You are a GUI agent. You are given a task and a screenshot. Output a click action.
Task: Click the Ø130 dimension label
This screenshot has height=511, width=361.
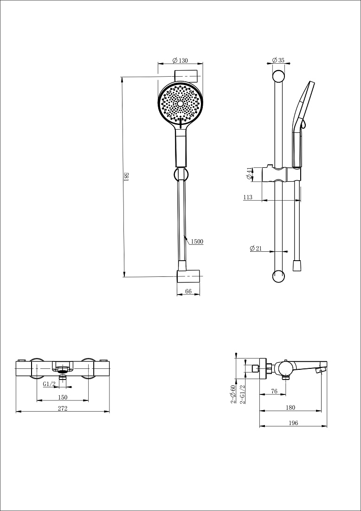[180, 60]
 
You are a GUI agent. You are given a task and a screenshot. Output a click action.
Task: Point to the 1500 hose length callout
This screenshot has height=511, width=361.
[197, 242]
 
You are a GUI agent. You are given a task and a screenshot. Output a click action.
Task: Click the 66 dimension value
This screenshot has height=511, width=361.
[188, 291]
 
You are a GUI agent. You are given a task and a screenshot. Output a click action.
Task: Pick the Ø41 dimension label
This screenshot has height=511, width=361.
[249, 173]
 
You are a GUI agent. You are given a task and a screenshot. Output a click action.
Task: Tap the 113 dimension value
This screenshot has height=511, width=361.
[248, 197]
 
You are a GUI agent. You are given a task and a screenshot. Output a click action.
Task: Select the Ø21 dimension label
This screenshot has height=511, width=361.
[256, 249]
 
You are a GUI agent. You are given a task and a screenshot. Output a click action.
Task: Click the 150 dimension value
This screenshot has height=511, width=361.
[63, 397]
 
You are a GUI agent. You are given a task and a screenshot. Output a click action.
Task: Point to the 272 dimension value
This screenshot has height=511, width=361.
[63, 408]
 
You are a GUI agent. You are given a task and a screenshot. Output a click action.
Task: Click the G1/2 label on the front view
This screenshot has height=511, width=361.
[49, 384]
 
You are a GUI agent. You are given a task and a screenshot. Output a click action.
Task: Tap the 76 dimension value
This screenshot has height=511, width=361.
[274, 392]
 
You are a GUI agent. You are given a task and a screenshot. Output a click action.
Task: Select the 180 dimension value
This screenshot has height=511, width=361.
[290, 407]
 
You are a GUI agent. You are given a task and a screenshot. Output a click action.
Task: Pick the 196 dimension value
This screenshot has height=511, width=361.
[293, 423]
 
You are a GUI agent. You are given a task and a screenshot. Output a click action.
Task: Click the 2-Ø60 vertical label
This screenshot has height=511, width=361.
[233, 394]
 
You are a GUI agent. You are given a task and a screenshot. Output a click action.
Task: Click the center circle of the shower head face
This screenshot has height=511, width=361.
[180, 103]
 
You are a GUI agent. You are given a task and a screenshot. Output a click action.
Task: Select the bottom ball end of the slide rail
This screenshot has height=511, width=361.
[278, 276]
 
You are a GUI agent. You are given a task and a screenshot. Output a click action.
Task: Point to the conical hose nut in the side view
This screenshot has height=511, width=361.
[297, 265]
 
